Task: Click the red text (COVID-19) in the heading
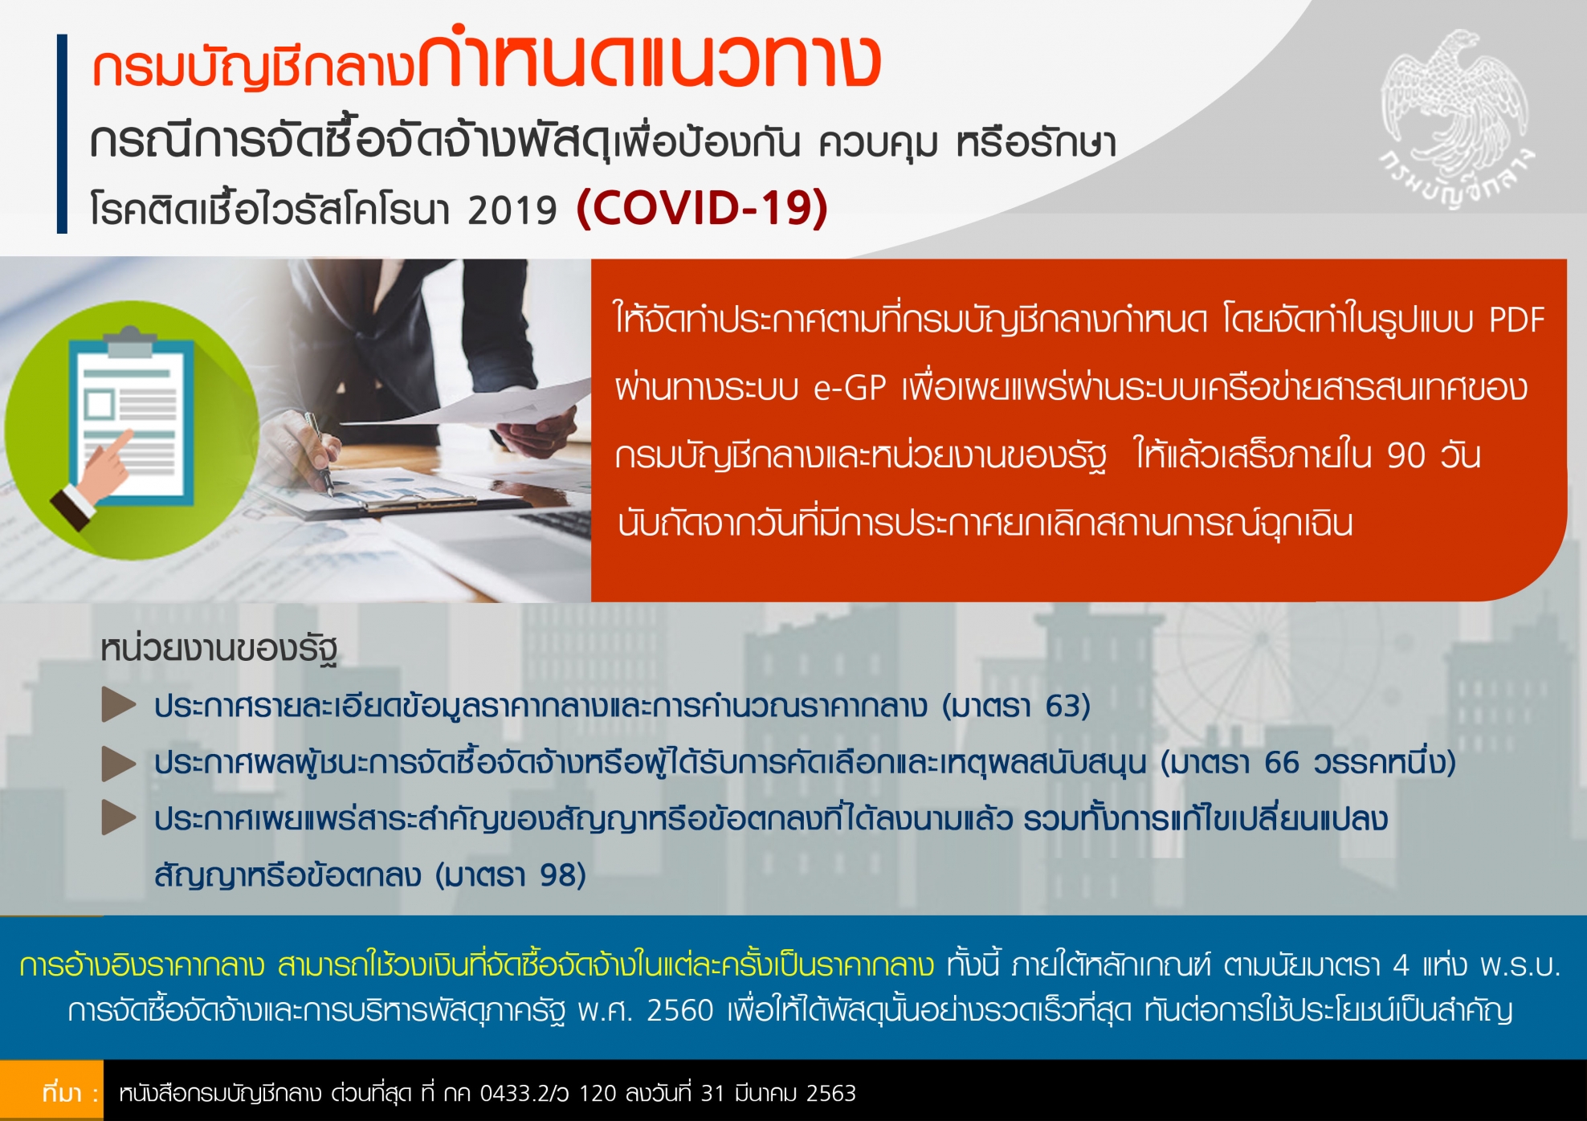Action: click(702, 208)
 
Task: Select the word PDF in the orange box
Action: click(1516, 320)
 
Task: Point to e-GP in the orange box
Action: click(850, 388)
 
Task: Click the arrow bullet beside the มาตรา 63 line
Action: click(119, 705)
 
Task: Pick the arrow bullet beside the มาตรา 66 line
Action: click(119, 764)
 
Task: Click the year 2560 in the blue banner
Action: click(680, 1011)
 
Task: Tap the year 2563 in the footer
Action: click(831, 1094)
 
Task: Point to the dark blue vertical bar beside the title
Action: click(62, 133)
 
